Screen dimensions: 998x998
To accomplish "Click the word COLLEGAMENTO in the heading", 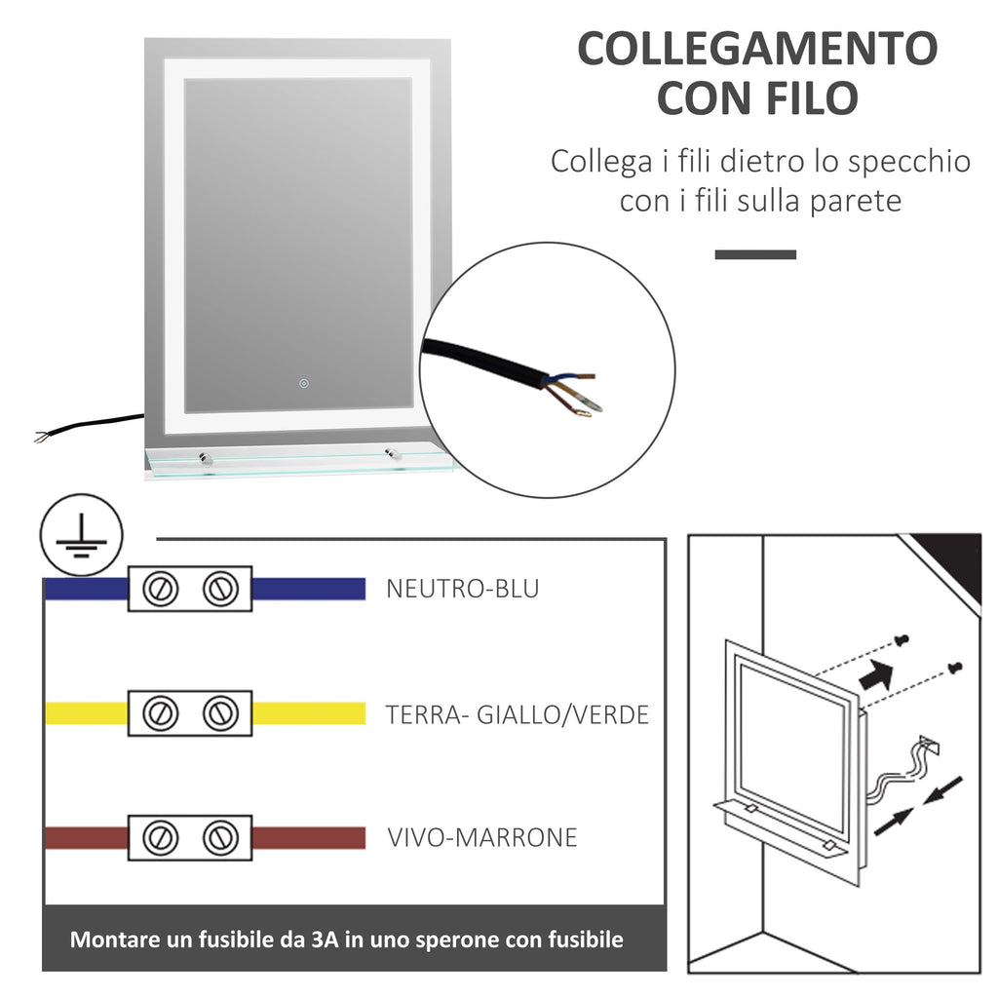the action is coord(756,49).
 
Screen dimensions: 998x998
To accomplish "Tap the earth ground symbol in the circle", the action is coord(82,535).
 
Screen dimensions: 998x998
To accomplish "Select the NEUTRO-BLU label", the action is coord(463,589).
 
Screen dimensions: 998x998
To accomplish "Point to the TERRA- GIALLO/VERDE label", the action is coord(517,714).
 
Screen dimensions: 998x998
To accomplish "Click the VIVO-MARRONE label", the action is coord(482,837).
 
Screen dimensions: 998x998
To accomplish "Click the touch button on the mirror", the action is coord(304,383).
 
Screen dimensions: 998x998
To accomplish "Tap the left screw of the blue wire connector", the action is coord(159,589).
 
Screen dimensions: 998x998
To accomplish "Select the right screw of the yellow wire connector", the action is coord(221,712).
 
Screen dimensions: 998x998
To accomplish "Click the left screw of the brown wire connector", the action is coord(159,837).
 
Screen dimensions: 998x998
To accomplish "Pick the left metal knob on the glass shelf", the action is coord(206,458).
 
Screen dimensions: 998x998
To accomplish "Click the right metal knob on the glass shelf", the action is coord(391,453).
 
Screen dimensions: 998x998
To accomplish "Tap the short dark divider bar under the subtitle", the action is coord(755,254).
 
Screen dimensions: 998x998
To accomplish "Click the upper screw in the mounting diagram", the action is coord(901,640).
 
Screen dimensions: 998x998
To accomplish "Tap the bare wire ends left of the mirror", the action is coord(43,437).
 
